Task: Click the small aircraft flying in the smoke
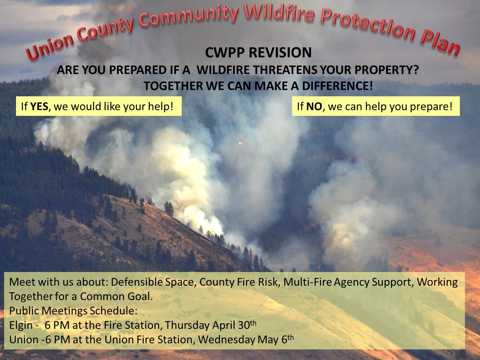click(x=241, y=143)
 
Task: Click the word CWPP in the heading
click(x=224, y=53)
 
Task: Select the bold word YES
click(x=39, y=107)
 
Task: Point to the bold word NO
click(x=314, y=107)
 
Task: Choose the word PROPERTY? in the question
click(x=387, y=70)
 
